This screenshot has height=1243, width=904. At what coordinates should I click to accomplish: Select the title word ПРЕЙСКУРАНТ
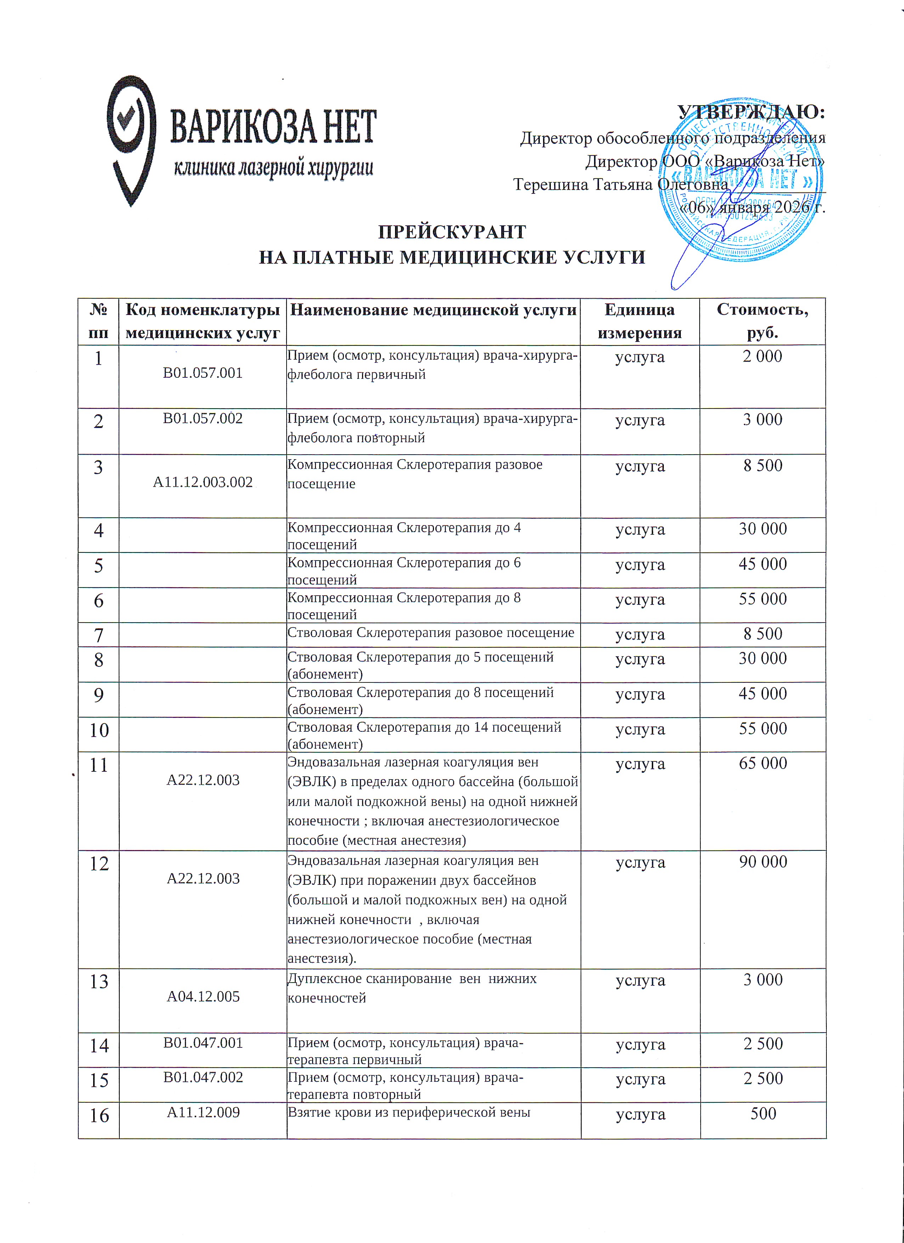[452, 232]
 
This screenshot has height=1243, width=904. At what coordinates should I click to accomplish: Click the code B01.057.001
[203, 373]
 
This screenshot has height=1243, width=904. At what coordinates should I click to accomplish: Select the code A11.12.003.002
[203, 482]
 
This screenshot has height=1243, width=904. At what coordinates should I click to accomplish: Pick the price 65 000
[763, 763]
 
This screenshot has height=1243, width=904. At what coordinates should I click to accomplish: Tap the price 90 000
[763, 861]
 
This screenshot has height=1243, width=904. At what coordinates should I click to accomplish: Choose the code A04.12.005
[203, 996]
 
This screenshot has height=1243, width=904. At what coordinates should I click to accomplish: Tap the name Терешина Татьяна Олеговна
[620, 184]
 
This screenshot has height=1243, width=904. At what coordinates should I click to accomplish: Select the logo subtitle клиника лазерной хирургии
[273, 168]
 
